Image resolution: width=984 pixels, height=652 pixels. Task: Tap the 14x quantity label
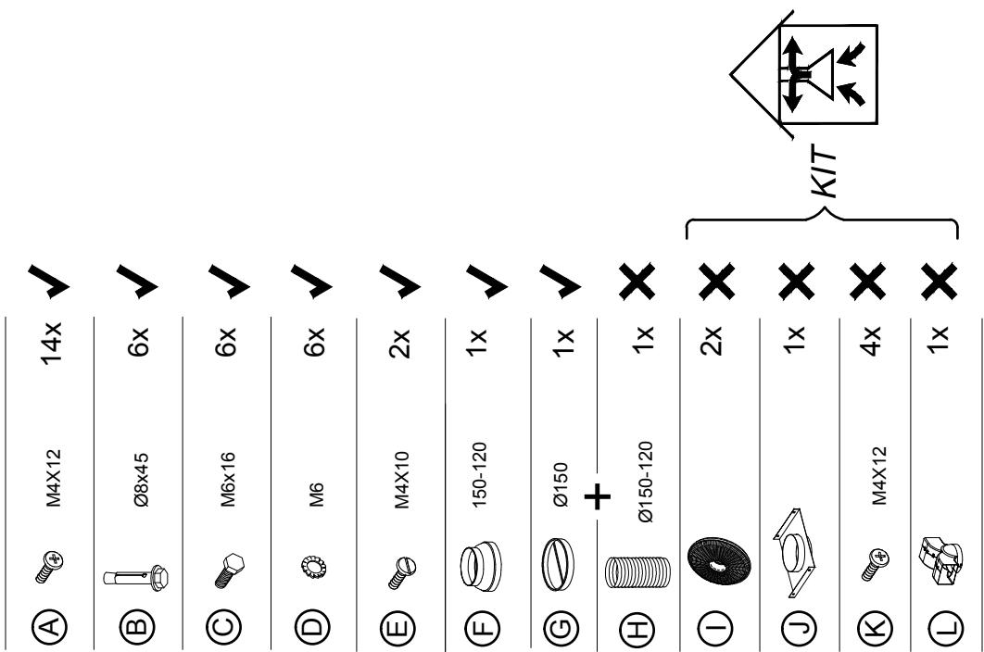click(x=52, y=343)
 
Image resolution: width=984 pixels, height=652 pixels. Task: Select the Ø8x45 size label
click(x=142, y=480)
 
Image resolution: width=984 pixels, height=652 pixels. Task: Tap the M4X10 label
click(x=401, y=480)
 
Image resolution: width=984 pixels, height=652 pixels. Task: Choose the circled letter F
click(x=482, y=626)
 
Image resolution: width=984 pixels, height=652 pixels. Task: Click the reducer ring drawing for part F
click(x=481, y=568)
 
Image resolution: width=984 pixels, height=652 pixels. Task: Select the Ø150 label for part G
click(x=561, y=483)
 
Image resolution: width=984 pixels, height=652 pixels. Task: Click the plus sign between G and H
click(x=598, y=497)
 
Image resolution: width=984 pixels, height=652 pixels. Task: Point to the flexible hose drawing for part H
click(x=638, y=571)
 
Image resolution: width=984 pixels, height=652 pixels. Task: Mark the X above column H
click(x=637, y=282)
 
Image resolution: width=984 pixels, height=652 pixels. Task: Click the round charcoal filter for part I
click(x=719, y=560)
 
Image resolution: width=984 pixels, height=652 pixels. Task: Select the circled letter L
click(x=945, y=626)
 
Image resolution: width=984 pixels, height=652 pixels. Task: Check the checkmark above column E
click(x=399, y=282)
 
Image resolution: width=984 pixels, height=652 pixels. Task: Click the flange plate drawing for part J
click(x=794, y=552)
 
